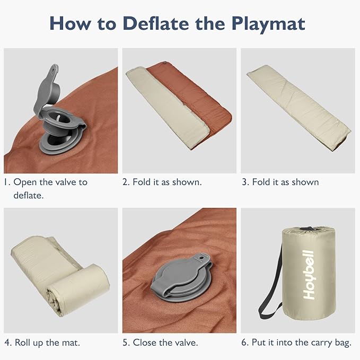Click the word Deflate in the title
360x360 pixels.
click(156, 23)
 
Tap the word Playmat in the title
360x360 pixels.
click(268, 24)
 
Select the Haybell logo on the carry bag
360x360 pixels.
click(309, 275)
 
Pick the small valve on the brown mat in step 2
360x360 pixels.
click(165, 63)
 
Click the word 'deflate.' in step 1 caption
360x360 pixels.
click(29, 196)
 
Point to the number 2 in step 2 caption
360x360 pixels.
click(125, 182)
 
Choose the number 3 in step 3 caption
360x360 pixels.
click(245, 182)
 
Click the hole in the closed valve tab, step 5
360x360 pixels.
click(201, 258)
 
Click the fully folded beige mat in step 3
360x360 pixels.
click(298, 108)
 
